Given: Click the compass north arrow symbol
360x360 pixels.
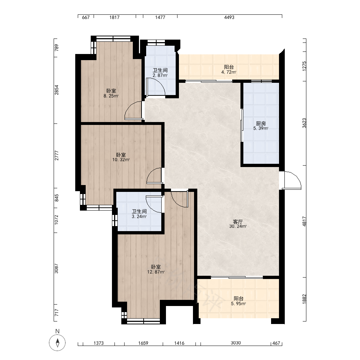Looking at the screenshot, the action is (x=57, y=342).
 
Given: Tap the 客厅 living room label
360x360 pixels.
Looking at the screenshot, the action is (x=238, y=222).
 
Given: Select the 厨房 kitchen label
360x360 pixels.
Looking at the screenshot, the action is (x=261, y=124).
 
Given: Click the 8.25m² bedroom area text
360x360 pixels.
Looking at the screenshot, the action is (x=111, y=96).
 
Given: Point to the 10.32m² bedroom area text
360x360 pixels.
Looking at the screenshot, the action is (x=121, y=160).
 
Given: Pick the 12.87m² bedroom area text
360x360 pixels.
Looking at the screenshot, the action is (x=156, y=272).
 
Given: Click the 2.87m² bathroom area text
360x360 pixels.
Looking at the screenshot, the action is (x=160, y=75).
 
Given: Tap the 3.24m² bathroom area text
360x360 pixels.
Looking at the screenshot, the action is (x=139, y=216).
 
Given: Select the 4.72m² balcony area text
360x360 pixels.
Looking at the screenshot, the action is (x=229, y=72).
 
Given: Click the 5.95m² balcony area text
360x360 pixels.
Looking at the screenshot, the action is (x=239, y=303).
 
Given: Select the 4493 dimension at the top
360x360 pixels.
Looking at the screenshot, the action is (x=229, y=17).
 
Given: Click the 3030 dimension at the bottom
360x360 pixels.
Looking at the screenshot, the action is (x=235, y=343).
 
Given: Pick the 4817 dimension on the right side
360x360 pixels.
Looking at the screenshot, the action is (x=304, y=221).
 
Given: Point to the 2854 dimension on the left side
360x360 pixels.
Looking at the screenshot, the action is (x=57, y=90).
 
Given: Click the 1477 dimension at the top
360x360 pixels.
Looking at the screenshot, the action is (x=160, y=17).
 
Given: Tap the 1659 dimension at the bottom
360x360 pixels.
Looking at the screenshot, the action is (x=143, y=343).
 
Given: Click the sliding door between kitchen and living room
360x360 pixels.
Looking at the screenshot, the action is (x=242, y=125).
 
